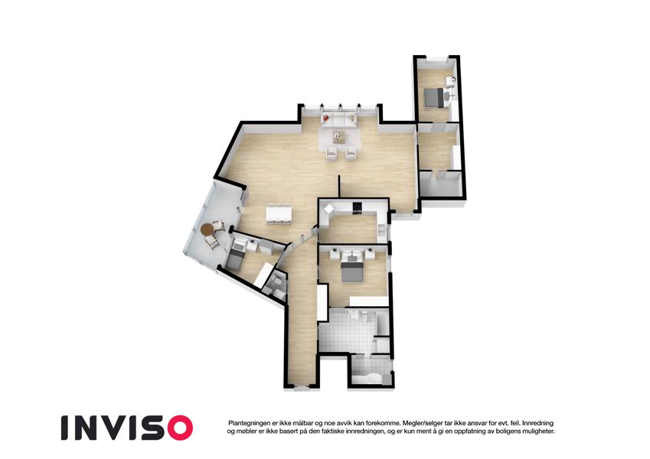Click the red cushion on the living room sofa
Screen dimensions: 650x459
(326, 118)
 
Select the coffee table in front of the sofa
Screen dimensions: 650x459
(339, 136)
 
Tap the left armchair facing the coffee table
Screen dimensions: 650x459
(332, 153)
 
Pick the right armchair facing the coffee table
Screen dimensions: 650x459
(351, 153)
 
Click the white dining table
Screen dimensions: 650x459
(279, 213)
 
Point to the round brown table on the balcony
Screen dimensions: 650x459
(207, 229)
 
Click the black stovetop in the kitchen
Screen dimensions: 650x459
(358, 206)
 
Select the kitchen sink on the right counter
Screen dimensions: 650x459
(381, 229)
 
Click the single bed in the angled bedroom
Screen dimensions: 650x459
(236, 256)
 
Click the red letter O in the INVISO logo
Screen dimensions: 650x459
(178, 428)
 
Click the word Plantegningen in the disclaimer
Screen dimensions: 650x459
(248, 423)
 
